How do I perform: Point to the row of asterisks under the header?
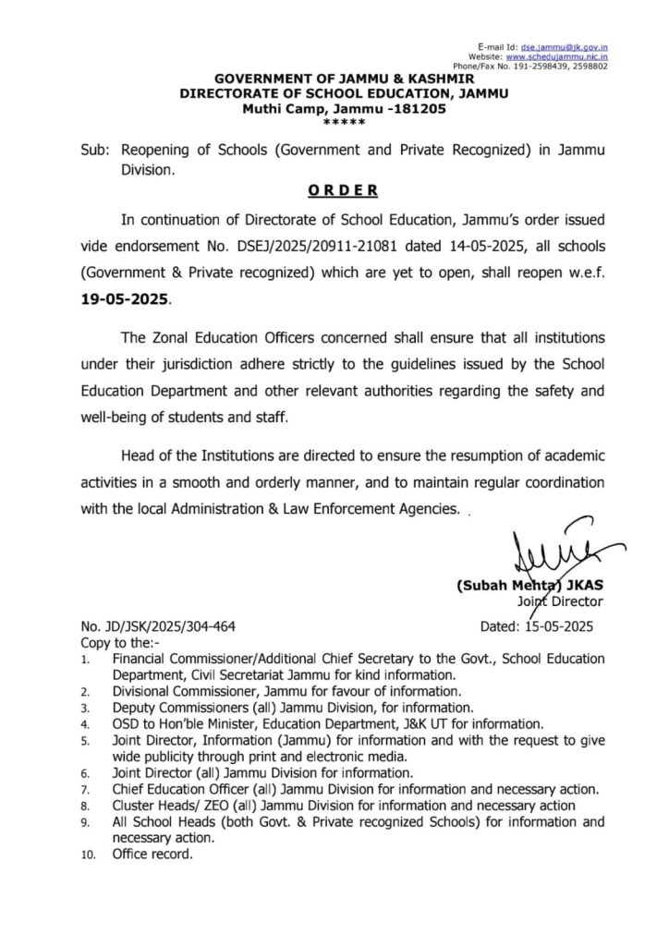343,122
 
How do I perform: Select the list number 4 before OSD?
84,723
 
